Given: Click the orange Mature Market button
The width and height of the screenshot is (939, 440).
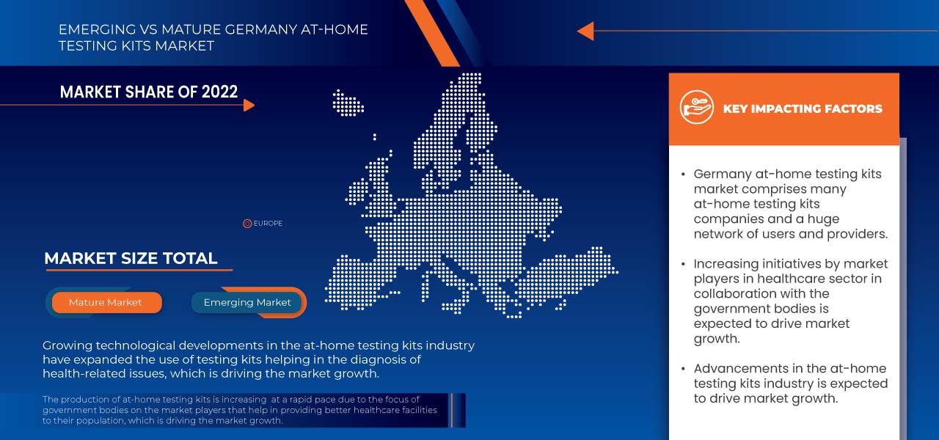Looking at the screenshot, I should [106, 302].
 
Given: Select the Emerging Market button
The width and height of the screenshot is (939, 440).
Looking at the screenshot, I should [247, 302].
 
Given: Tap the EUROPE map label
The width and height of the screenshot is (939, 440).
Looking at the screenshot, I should [268, 223].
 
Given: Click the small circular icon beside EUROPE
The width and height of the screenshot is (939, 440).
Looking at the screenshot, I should [247, 223].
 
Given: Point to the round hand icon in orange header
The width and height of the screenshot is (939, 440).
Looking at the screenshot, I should [696, 108].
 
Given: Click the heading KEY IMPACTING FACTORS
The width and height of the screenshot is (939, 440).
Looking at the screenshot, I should [803, 109].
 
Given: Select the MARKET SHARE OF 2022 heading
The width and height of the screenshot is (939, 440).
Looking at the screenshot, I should [149, 92].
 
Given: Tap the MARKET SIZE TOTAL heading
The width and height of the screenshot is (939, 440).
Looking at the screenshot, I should [131, 258].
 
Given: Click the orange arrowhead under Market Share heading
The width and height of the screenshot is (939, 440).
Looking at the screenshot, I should [249, 105].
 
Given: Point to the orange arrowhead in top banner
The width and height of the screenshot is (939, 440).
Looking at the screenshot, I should [585, 31].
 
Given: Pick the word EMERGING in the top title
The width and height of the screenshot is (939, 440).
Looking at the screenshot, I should [93, 30].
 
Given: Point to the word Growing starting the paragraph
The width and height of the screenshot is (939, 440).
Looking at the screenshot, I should [67, 345].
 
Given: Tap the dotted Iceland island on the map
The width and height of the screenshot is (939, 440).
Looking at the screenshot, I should [347, 102].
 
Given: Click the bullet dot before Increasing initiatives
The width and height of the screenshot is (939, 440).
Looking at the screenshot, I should [683, 264].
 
